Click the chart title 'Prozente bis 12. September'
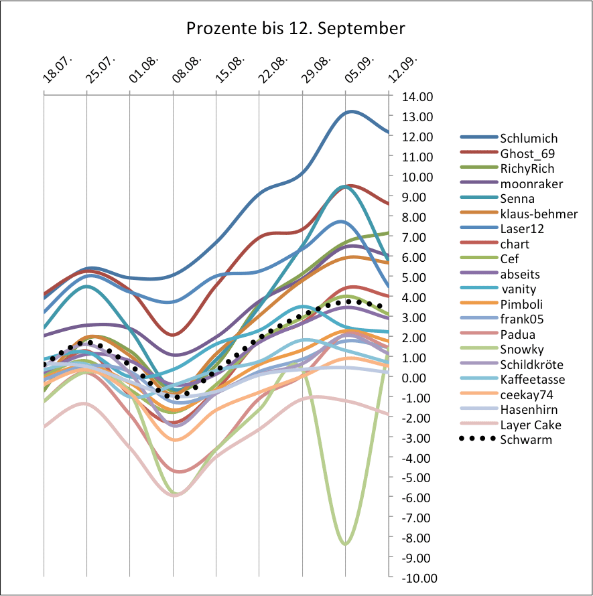coord(295,29)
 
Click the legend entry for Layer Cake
coord(530,425)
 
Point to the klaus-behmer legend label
coord(538,214)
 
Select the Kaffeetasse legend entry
coord(533,380)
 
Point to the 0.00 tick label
coord(415,378)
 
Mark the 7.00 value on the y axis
coord(415,237)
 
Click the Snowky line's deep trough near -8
coord(345,544)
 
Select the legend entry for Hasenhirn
coord(529,410)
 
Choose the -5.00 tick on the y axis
coord(414,478)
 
